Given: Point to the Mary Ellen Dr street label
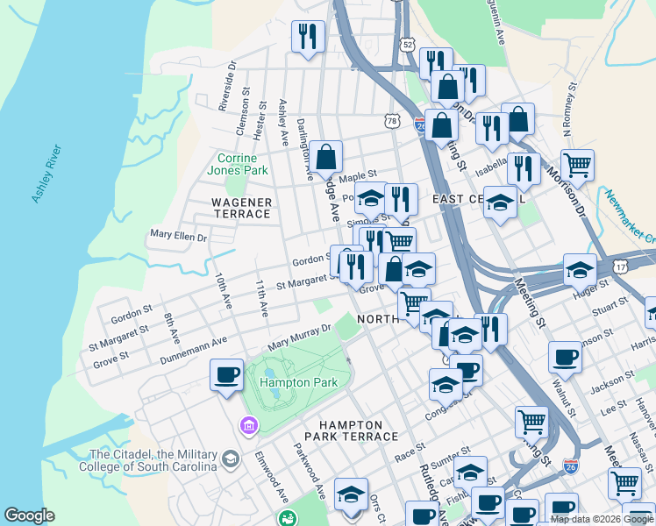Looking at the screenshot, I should click(178, 236).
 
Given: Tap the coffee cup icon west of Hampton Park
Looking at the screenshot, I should click(226, 374).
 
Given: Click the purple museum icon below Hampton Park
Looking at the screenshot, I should click(249, 426).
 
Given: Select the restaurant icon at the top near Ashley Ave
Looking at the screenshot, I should click(308, 36).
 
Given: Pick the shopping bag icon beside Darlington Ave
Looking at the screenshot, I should click(325, 157).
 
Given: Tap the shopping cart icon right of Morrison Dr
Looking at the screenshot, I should click(577, 164).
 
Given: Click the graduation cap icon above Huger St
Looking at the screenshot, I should click(580, 269).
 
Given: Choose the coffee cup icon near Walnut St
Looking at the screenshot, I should click(566, 357).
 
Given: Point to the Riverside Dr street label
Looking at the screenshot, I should click(225, 85).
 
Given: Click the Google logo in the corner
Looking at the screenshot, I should click(29, 516).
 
